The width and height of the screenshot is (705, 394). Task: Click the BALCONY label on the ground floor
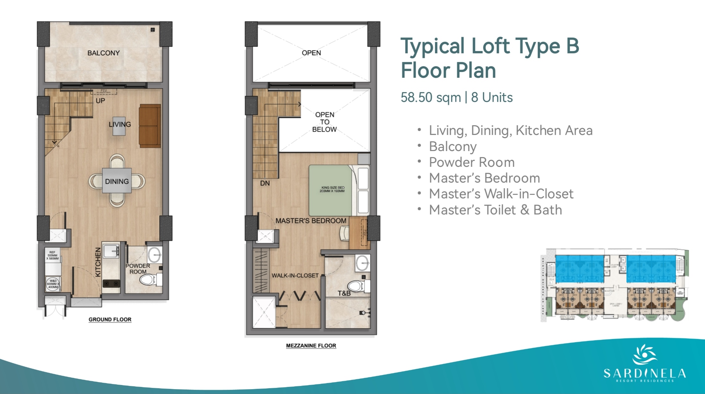(x=103, y=53)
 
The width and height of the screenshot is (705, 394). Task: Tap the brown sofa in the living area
(x=150, y=126)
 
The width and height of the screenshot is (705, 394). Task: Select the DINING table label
(x=117, y=182)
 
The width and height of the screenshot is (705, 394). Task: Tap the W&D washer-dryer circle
(x=53, y=284)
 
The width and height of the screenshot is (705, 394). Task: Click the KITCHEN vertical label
(x=98, y=262)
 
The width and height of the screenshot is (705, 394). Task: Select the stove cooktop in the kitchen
(x=111, y=283)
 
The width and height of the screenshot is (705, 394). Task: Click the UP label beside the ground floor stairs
(x=100, y=101)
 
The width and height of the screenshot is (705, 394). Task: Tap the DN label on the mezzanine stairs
(x=265, y=183)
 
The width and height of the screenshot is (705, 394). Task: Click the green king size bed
(x=331, y=190)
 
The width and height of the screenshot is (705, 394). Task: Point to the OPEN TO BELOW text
(x=324, y=122)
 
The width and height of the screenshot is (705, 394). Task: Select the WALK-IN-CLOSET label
(x=295, y=276)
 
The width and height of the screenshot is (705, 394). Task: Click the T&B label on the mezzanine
(x=344, y=293)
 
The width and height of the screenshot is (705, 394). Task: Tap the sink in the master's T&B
(x=363, y=263)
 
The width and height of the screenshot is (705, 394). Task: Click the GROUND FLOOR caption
(x=110, y=319)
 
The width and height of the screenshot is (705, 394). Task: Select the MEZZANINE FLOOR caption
(x=311, y=346)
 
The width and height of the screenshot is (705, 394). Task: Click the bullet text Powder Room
(x=471, y=162)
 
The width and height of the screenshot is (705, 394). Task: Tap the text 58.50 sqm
(x=430, y=97)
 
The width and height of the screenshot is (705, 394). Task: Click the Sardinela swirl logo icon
(x=644, y=355)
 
